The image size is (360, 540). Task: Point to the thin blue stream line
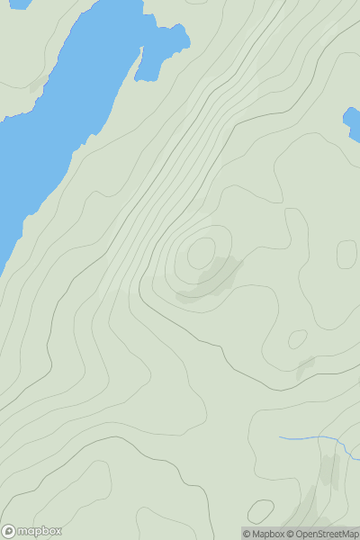pyautogui.click(x=310, y=439)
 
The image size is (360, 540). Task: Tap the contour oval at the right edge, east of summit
pyautogui.click(x=346, y=254)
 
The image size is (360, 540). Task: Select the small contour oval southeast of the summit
pyautogui.click(x=297, y=339)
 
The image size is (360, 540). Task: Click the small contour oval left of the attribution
pyautogui.click(x=260, y=512)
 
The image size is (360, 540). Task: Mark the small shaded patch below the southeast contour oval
pyautogui.click(x=305, y=366)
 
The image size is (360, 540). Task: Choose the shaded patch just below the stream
pyautogui.click(x=330, y=470)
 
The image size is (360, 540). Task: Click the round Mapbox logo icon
pyautogui.click(x=9, y=531)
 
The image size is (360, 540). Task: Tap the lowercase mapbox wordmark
pyautogui.click(x=40, y=531)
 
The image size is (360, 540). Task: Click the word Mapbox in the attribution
pyautogui.click(x=267, y=534)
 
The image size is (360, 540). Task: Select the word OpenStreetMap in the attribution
pyautogui.click(x=327, y=534)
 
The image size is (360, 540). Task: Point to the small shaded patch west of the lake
pyautogui.click(x=36, y=85)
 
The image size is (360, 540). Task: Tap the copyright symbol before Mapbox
pyautogui.click(x=247, y=534)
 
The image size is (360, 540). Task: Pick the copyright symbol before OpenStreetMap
pyautogui.click(x=290, y=534)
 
